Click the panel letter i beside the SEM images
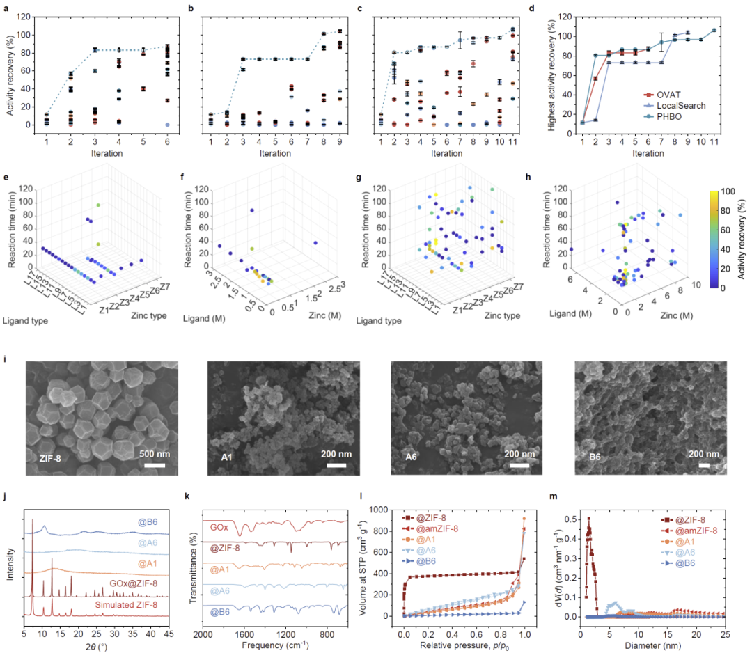click(x=26, y=359)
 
